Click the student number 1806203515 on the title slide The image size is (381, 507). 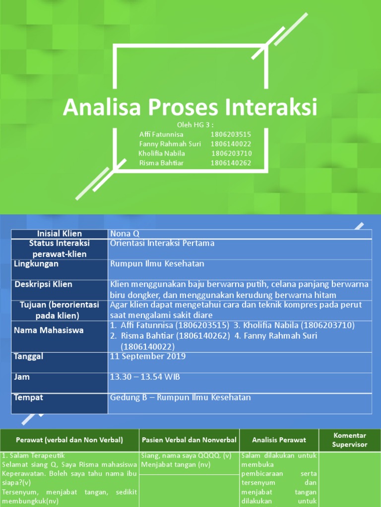pos(231,134)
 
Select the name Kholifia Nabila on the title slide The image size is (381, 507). pos(162,153)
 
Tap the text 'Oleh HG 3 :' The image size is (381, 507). pos(195,125)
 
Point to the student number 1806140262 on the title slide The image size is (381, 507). pos(231,163)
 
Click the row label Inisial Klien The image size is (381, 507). pos(59,234)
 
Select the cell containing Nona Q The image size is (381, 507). pos(122,234)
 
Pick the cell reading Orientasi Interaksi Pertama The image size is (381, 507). pos(162,243)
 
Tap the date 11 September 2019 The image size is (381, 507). pos(148,356)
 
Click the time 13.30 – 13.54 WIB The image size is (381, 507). pos(145,377)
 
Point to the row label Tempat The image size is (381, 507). pos(29,398)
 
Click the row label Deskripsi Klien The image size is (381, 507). pos(43,284)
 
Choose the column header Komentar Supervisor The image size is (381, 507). pos(349,440)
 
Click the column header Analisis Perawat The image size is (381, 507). pos(279,440)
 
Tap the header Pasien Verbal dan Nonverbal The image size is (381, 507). pos(189,440)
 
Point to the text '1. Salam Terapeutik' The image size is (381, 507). pos(34,456)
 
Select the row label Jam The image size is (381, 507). pos(22,377)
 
